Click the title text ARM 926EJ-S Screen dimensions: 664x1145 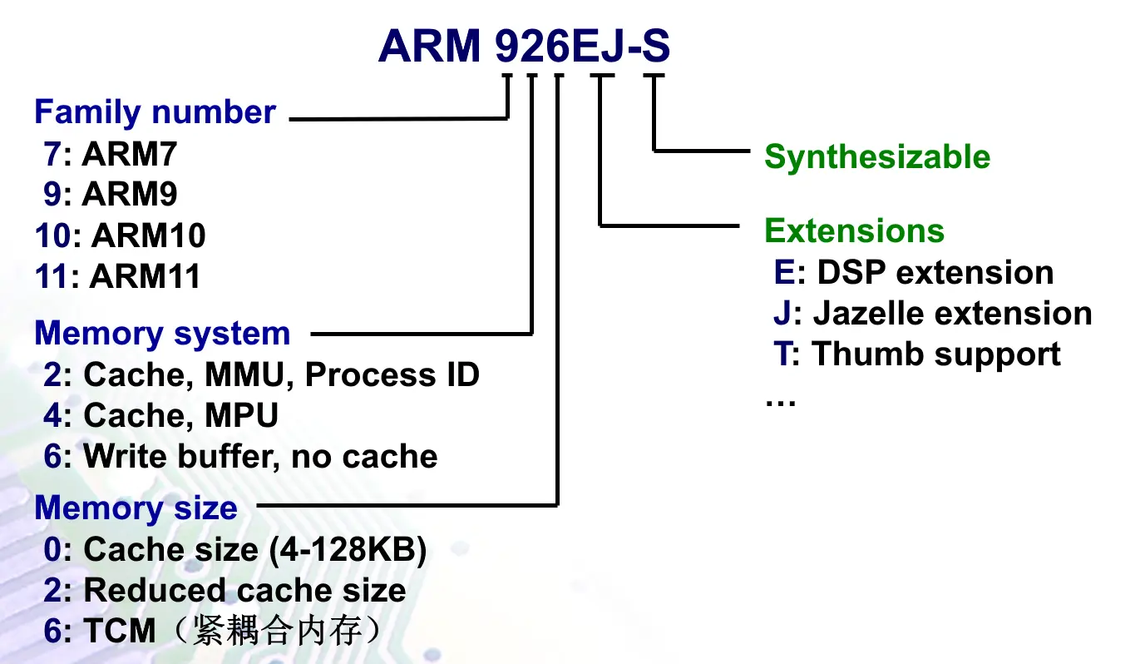pyautogui.click(x=524, y=47)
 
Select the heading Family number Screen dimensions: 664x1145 pyautogui.click(x=155, y=112)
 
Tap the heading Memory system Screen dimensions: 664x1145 pyautogui.click(x=162, y=334)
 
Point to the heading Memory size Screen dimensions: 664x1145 pyautogui.click(x=136, y=508)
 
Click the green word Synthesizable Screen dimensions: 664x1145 pyautogui.click(x=877, y=157)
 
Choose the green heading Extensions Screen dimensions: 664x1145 pyautogui.click(x=854, y=230)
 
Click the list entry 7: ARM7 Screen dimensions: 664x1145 pyautogui.click(x=111, y=154)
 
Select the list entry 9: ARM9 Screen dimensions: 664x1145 pyautogui.click(x=111, y=195)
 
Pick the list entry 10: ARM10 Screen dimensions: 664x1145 pyautogui.click(x=120, y=235)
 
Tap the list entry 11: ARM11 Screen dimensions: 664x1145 pyautogui.click(x=117, y=276)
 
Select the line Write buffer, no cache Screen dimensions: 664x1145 pyautogui.click(x=259, y=456)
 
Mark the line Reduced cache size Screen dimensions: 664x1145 pyautogui.click(x=244, y=591)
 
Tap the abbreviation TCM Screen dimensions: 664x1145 pyautogui.click(x=120, y=632)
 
